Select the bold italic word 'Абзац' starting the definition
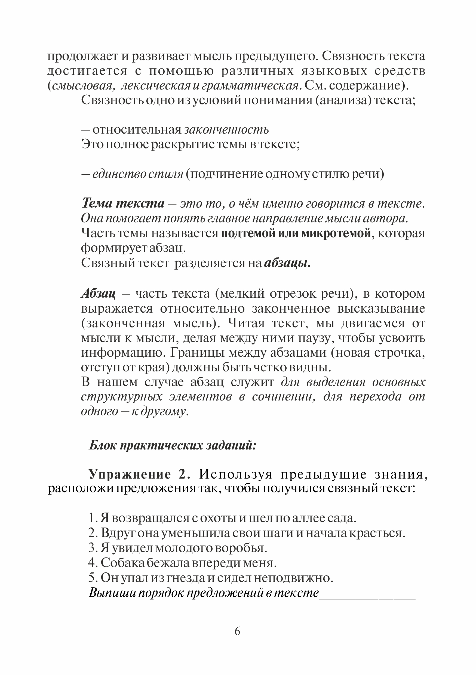pos(98,293)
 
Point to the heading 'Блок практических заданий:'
pos(173,445)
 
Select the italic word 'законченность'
pos(226,130)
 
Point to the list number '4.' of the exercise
pos(93,563)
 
